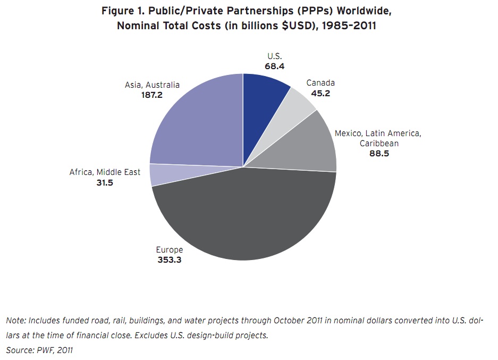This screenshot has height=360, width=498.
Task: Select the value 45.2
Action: [x=320, y=93]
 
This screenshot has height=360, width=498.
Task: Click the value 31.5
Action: [x=104, y=182]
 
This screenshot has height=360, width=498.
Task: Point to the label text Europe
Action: [x=170, y=249]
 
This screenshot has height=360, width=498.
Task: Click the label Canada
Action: [x=320, y=83]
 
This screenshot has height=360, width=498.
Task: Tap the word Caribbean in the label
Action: [x=378, y=144]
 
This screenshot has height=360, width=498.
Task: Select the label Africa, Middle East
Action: [x=105, y=172]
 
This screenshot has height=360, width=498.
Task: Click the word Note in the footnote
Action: [x=16, y=321]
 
